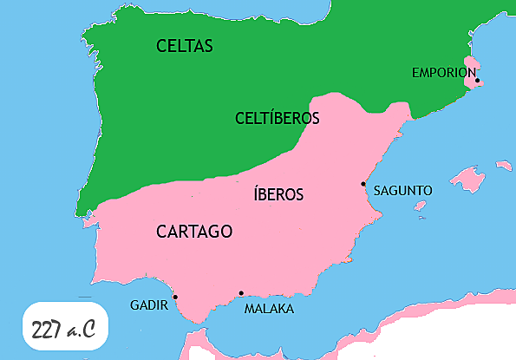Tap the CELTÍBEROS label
(x=278, y=118)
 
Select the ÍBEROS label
(x=278, y=194)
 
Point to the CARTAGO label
(x=194, y=232)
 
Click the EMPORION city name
(x=444, y=73)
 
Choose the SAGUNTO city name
(x=402, y=190)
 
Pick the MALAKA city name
(x=269, y=309)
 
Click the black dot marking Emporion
(x=477, y=82)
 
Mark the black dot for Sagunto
(x=363, y=184)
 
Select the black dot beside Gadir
(x=175, y=297)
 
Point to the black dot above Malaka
(x=241, y=292)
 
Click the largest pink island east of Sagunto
(x=468, y=180)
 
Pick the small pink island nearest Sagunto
(x=421, y=206)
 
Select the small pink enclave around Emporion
(x=471, y=74)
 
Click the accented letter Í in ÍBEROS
(x=256, y=194)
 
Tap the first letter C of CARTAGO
(x=162, y=232)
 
